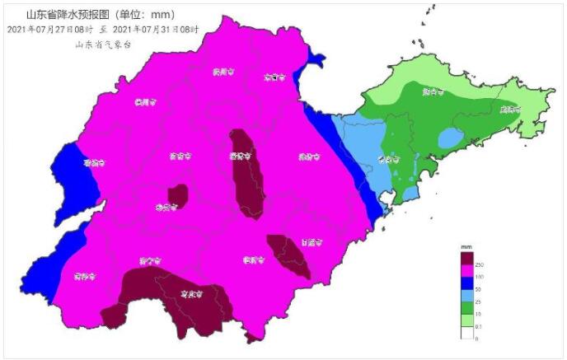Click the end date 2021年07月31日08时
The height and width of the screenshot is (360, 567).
coord(160,28)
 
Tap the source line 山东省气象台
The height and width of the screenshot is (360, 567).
coord(102,43)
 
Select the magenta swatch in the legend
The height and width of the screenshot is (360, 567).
coord(466,271)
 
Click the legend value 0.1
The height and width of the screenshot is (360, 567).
coord(480,327)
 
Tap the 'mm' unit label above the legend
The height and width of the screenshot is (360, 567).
coord(466,247)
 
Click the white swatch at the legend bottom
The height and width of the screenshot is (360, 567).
coord(466,333)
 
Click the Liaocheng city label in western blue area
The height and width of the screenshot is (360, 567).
coord(93,162)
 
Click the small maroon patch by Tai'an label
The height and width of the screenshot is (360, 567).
coord(177,195)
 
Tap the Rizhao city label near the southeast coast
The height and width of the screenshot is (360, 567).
coord(311,242)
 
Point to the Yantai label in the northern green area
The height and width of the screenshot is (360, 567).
coord(429,91)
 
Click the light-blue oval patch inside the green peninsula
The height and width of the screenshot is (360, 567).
coord(450,139)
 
